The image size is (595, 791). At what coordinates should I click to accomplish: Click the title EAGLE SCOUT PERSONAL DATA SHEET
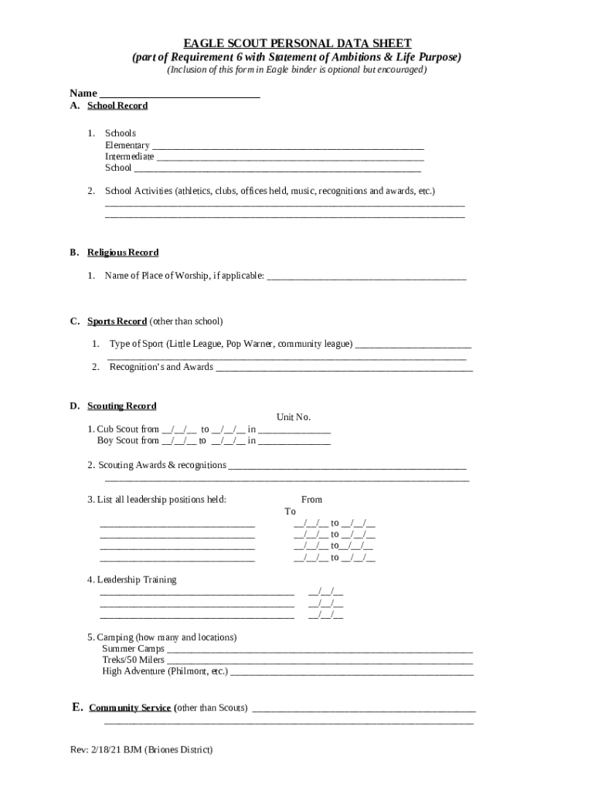tap(297, 43)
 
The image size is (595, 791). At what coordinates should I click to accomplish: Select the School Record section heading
tap(117, 106)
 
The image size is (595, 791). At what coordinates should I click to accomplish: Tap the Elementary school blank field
tap(287, 144)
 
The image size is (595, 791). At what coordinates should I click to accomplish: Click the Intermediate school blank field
tap(290, 156)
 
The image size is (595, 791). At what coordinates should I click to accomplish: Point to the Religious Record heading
tap(123, 253)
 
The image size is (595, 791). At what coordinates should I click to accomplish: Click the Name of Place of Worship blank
tap(366, 276)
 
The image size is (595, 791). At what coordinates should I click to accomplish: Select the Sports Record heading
tap(117, 321)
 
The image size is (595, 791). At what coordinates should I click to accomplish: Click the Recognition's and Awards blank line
tap(344, 368)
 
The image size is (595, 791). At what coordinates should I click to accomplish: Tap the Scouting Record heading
tap(121, 406)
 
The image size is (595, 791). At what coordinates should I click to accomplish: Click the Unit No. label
tap(294, 417)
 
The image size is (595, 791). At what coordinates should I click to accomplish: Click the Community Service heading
tap(130, 708)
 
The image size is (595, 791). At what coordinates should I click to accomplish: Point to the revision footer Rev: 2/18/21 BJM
tap(141, 750)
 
